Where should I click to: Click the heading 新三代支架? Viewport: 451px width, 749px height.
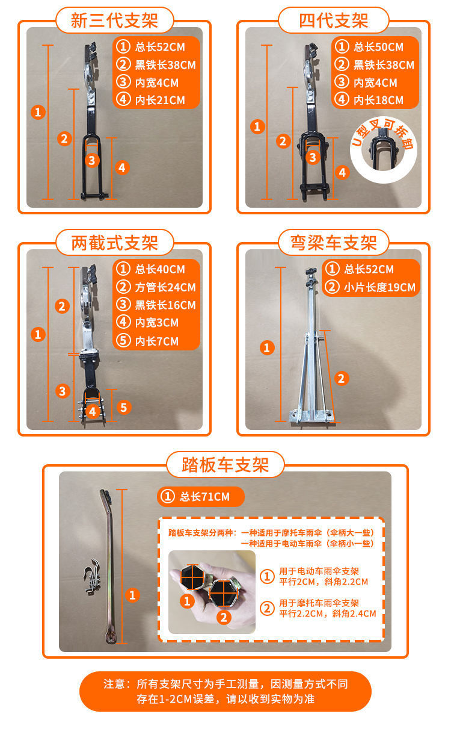tap(114, 21)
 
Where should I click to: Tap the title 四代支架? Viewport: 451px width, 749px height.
tap(333, 21)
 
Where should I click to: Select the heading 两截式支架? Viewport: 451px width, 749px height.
tap(114, 243)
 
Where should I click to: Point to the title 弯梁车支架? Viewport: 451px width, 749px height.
tap(333, 243)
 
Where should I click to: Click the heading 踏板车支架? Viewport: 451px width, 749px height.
tap(225, 465)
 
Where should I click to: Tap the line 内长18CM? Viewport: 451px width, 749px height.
tap(378, 100)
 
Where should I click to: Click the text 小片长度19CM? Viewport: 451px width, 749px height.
tap(379, 287)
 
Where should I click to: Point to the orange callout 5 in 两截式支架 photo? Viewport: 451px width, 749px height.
tap(123, 408)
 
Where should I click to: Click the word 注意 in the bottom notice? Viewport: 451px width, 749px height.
tap(114, 684)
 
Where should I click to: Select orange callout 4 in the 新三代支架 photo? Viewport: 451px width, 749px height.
tap(122, 167)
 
